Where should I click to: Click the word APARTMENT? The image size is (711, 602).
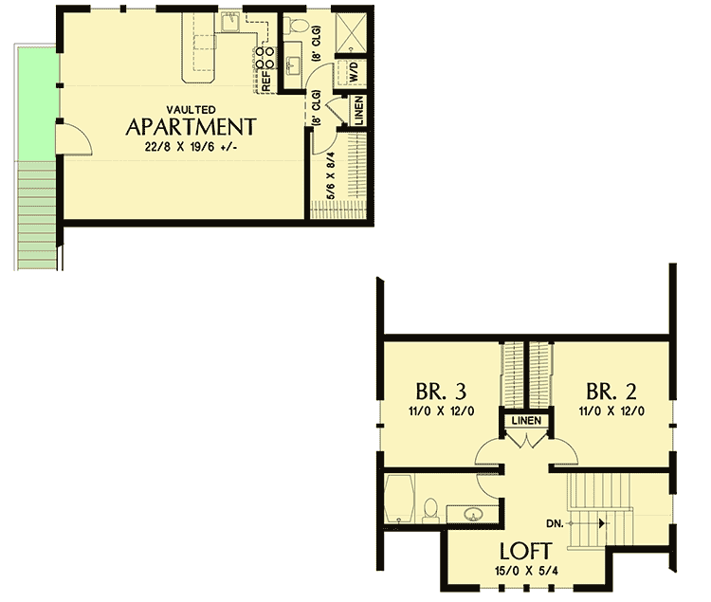tap(191, 127)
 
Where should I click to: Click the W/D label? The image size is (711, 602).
tap(354, 71)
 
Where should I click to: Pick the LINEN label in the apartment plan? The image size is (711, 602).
tap(358, 112)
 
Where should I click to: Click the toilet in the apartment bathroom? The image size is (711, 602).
tap(301, 26)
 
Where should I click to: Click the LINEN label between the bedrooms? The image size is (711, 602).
tap(524, 420)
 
